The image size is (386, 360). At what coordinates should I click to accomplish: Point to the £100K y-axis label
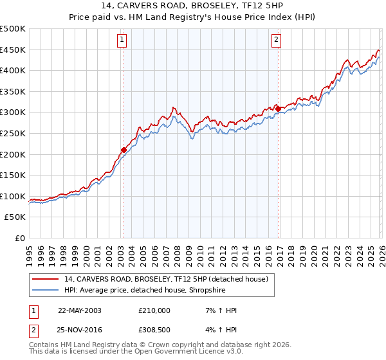pos(13,196)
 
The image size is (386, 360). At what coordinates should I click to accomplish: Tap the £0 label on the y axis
pos(19,238)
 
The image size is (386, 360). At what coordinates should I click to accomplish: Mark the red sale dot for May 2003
pos(124,150)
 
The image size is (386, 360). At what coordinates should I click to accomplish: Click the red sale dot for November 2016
pos(278,109)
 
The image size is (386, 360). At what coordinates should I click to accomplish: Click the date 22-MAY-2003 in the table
pos(80,310)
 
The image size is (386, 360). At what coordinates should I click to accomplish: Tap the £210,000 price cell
pos(154,310)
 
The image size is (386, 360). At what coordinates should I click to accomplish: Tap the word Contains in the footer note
pos(44,345)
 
